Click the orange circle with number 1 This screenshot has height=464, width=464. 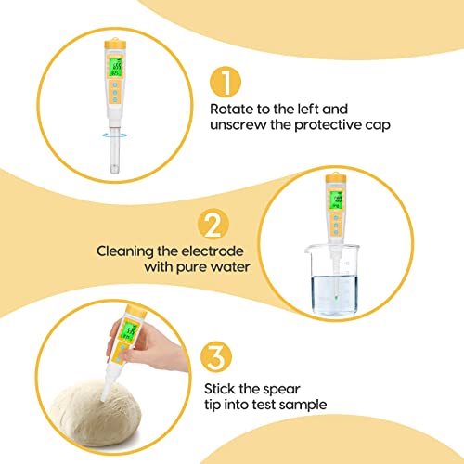(227, 82)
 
